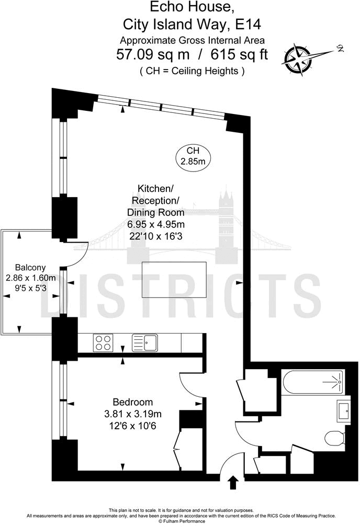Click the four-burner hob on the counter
[x=103, y=343]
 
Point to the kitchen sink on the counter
[x=145, y=343]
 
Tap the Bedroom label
[x=133, y=402]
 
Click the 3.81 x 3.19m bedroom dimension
[x=133, y=414]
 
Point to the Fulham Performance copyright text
[x=180, y=521]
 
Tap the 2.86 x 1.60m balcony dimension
[x=30, y=278]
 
